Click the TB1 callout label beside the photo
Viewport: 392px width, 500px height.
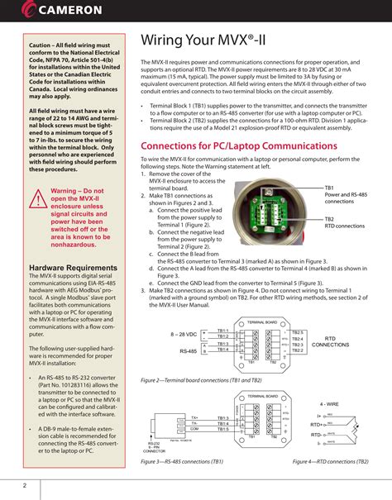pyautogui.click(x=328, y=188)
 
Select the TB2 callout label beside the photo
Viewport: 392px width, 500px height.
pyautogui.click(x=328, y=219)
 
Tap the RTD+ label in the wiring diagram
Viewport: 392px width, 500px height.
pyautogui.click(x=318, y=424)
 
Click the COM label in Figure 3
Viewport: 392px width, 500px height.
pyautogui.click(x=194, y=429)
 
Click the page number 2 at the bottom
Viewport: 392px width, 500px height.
pyautogui.click(x=25, y=484)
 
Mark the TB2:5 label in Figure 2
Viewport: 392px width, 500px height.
pyautogui.click(x=299, y=331)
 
